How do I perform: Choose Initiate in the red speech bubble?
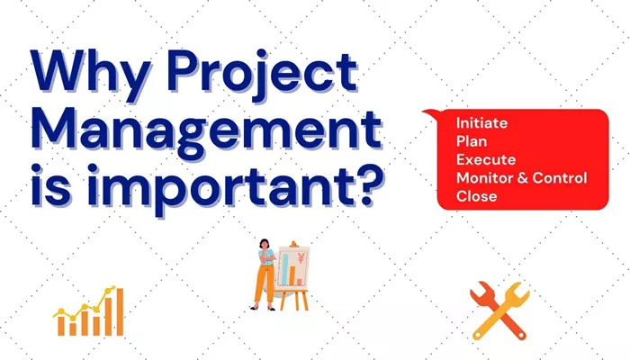click(481, 123)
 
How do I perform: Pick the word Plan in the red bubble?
click(472, 141)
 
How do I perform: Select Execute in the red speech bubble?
click(486, 160)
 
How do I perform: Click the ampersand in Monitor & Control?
click(522, 178)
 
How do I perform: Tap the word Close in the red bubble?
click(476, 196)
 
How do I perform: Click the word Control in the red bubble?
click(560, 178)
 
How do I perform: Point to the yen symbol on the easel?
click(301, 258)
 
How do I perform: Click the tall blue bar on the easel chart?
click(285, 269)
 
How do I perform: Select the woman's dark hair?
click(264, 244)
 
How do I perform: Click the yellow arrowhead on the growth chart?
click(112, 289)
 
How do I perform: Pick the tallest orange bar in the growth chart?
click(120, 311)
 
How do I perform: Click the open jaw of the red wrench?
click(477, 290)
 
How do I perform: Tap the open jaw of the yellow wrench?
click(521, 290)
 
